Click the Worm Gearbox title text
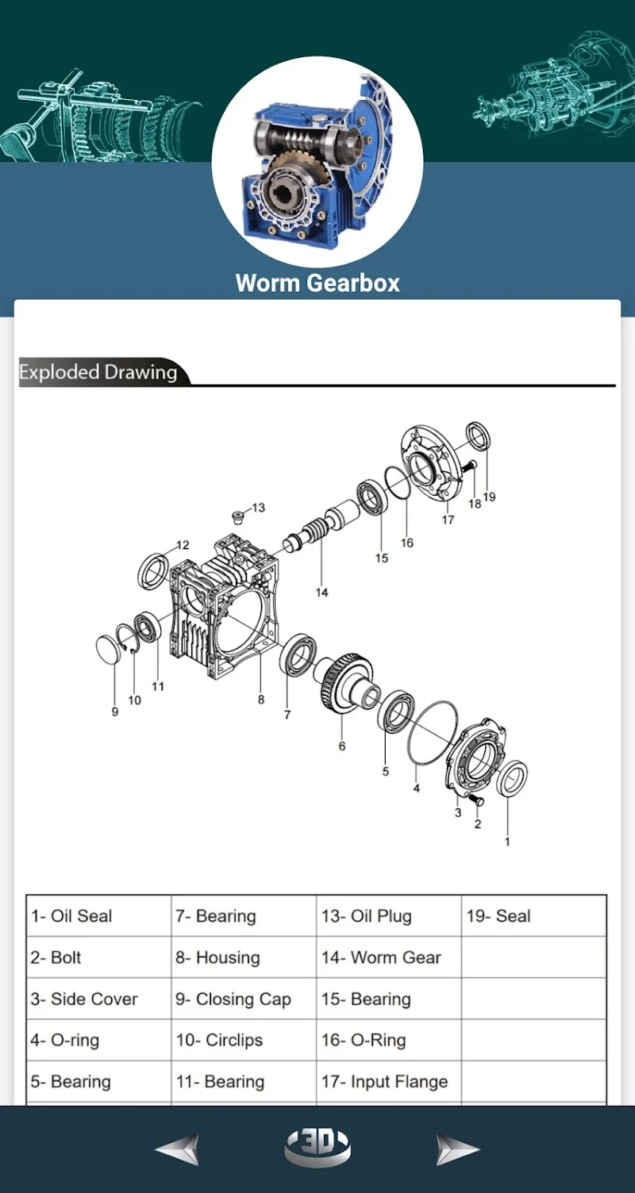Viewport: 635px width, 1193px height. point(317,283)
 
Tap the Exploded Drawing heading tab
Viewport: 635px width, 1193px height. point(98,372)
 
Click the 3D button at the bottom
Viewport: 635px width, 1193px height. point(317,1147)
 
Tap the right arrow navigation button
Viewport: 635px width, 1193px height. point(458,1149)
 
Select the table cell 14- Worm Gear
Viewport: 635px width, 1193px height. point(381,957)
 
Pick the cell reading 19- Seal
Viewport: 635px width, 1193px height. point(498,916)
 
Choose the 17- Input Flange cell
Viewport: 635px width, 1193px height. point(384,1082)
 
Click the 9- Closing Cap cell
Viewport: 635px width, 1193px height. point(233,999)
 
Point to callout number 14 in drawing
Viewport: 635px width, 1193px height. point(321,593)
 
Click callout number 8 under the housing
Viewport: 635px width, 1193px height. point(261,700)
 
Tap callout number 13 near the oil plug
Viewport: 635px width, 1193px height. point(259,508)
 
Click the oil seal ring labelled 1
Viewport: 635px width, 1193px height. point(514,780)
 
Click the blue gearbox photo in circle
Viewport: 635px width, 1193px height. point(317,163)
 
